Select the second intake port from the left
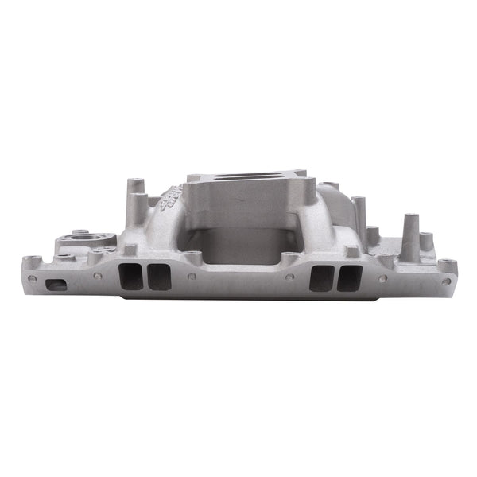[x=158, y=277]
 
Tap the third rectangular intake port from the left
[x=321, y=278]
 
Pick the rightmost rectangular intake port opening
[x=350, y=278]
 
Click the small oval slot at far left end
[x=56, y=285]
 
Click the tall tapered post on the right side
[x=410, y=236]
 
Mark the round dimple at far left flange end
[x=33, y=279]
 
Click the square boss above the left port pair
[x=129, y=250]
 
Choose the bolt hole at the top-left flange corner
[x=30, y=259]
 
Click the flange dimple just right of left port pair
[x=192, y=277]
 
